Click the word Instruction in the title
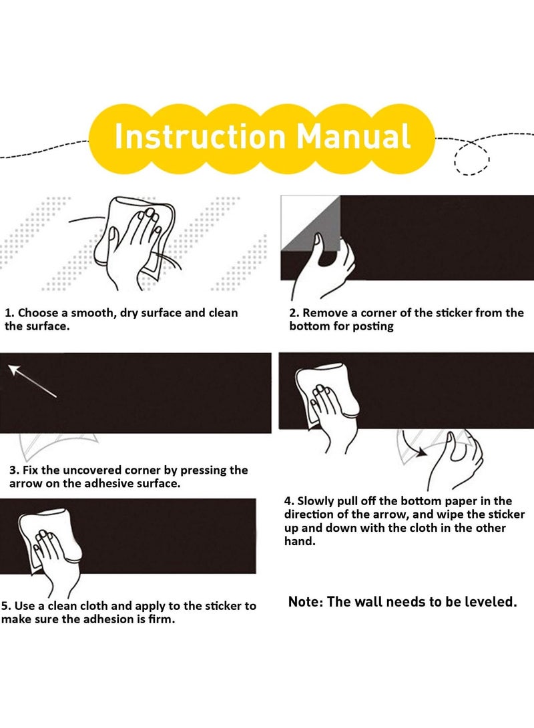pyautogui.click(x=200, y=137)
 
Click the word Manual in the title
pyautogui.click(x=353, y=137)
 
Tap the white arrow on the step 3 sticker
pyautogui.click(x=33, y=381)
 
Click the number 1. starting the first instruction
pyautogui.click(x=9, y=313)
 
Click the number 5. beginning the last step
pyautogui.click(x=6, y=607)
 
